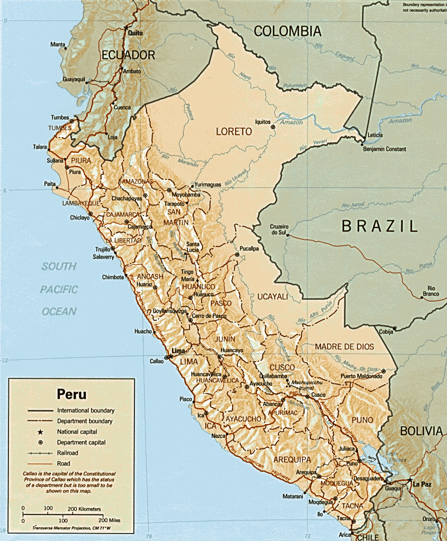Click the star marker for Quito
tap(125, 28)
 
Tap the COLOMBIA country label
tap(287, 31)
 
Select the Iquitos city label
tap(263, 122)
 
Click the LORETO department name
tap(234, 132)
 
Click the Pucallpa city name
tap(249, 249)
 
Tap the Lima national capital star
tap(170, 356)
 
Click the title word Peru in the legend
tap(71, 394)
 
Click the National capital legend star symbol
tap(40, 432)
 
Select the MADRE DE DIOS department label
tap(344, 347)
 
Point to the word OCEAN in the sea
tap(59, 311)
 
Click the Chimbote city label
tap(113, 277)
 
